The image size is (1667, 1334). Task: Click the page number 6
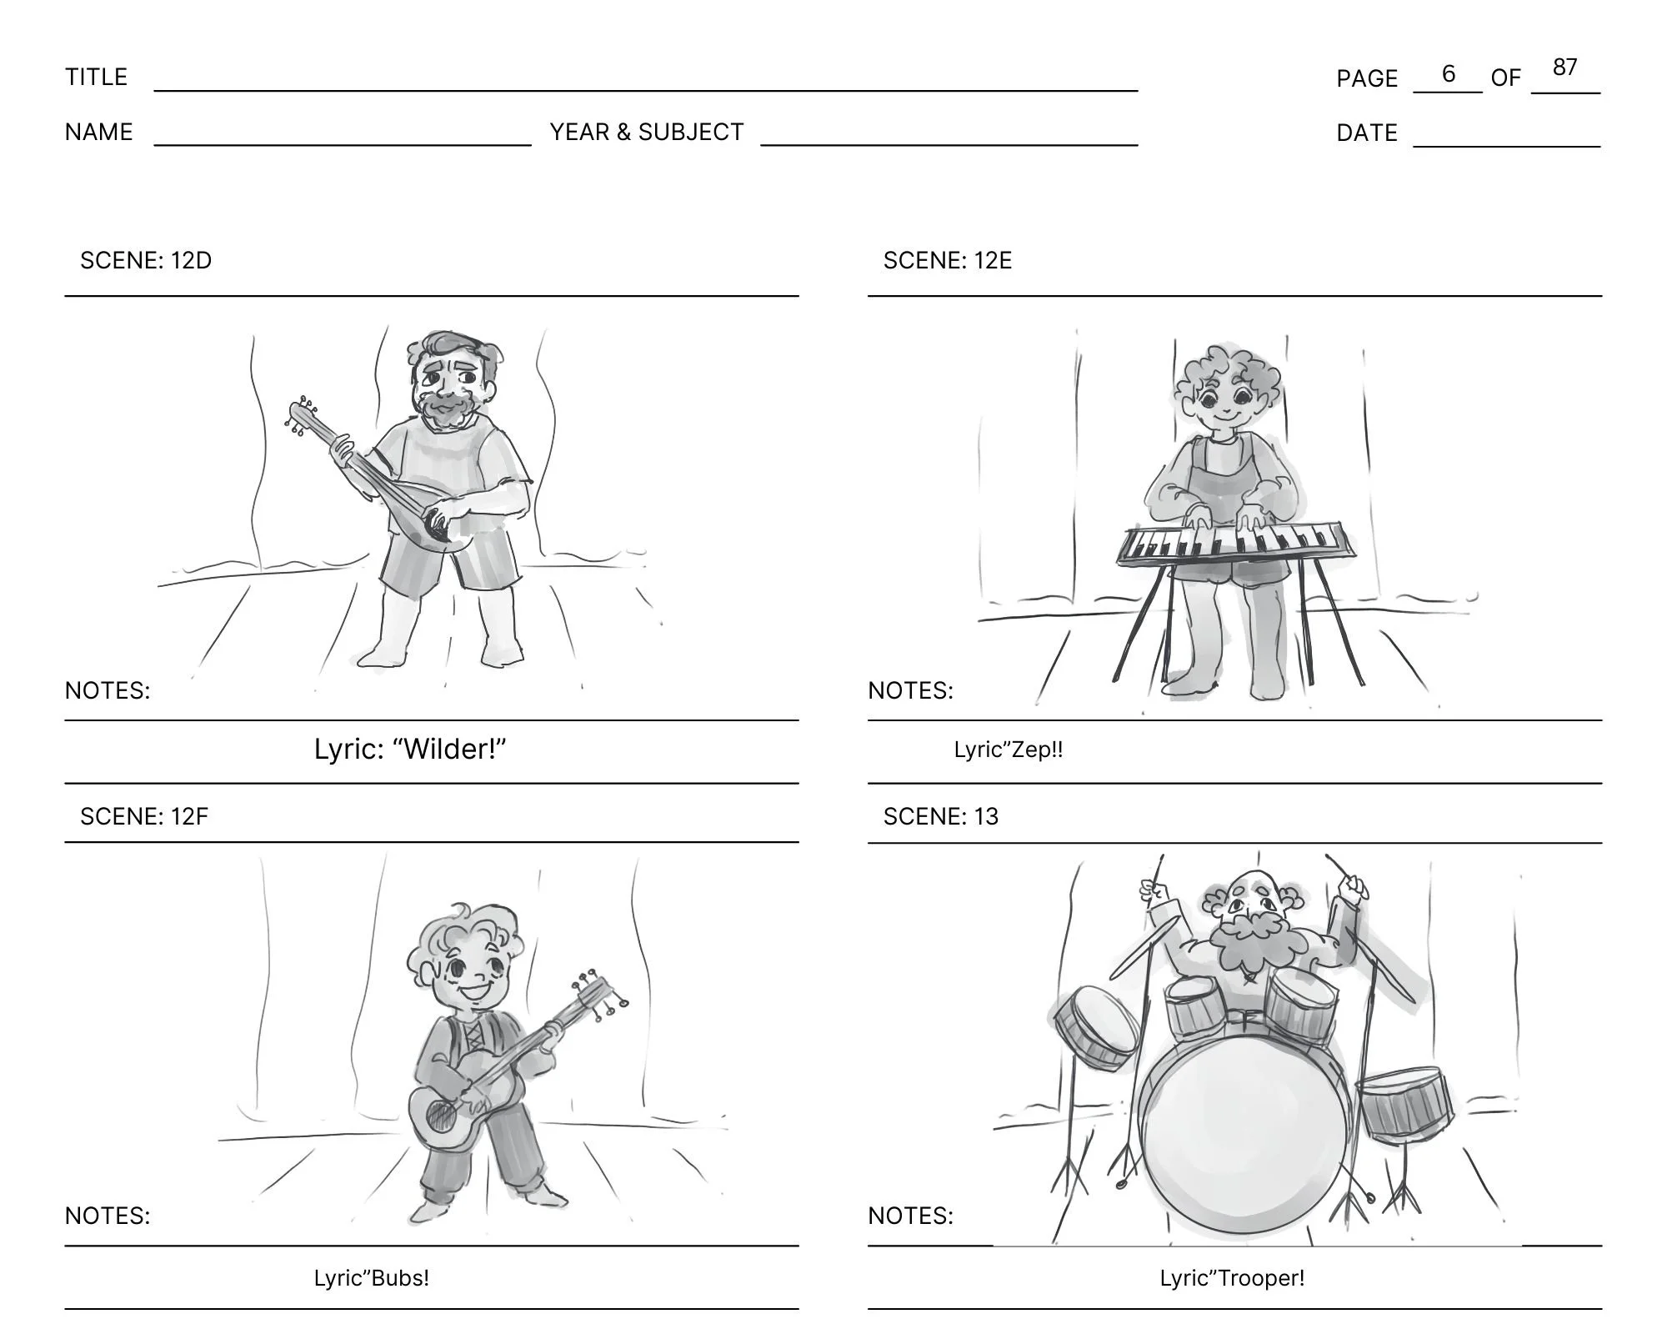(1449, 73)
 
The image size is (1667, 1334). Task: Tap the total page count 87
(1565, 67)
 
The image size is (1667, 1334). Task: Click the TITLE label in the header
(97, 77)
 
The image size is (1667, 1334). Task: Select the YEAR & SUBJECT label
(647, 132)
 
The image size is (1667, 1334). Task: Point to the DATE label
(1367, 133)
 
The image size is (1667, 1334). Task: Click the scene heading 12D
(146, 260)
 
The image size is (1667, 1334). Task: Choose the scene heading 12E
(948, 260)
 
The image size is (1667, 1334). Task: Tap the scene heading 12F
(144, 816)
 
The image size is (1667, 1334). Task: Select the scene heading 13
(941, 816)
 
